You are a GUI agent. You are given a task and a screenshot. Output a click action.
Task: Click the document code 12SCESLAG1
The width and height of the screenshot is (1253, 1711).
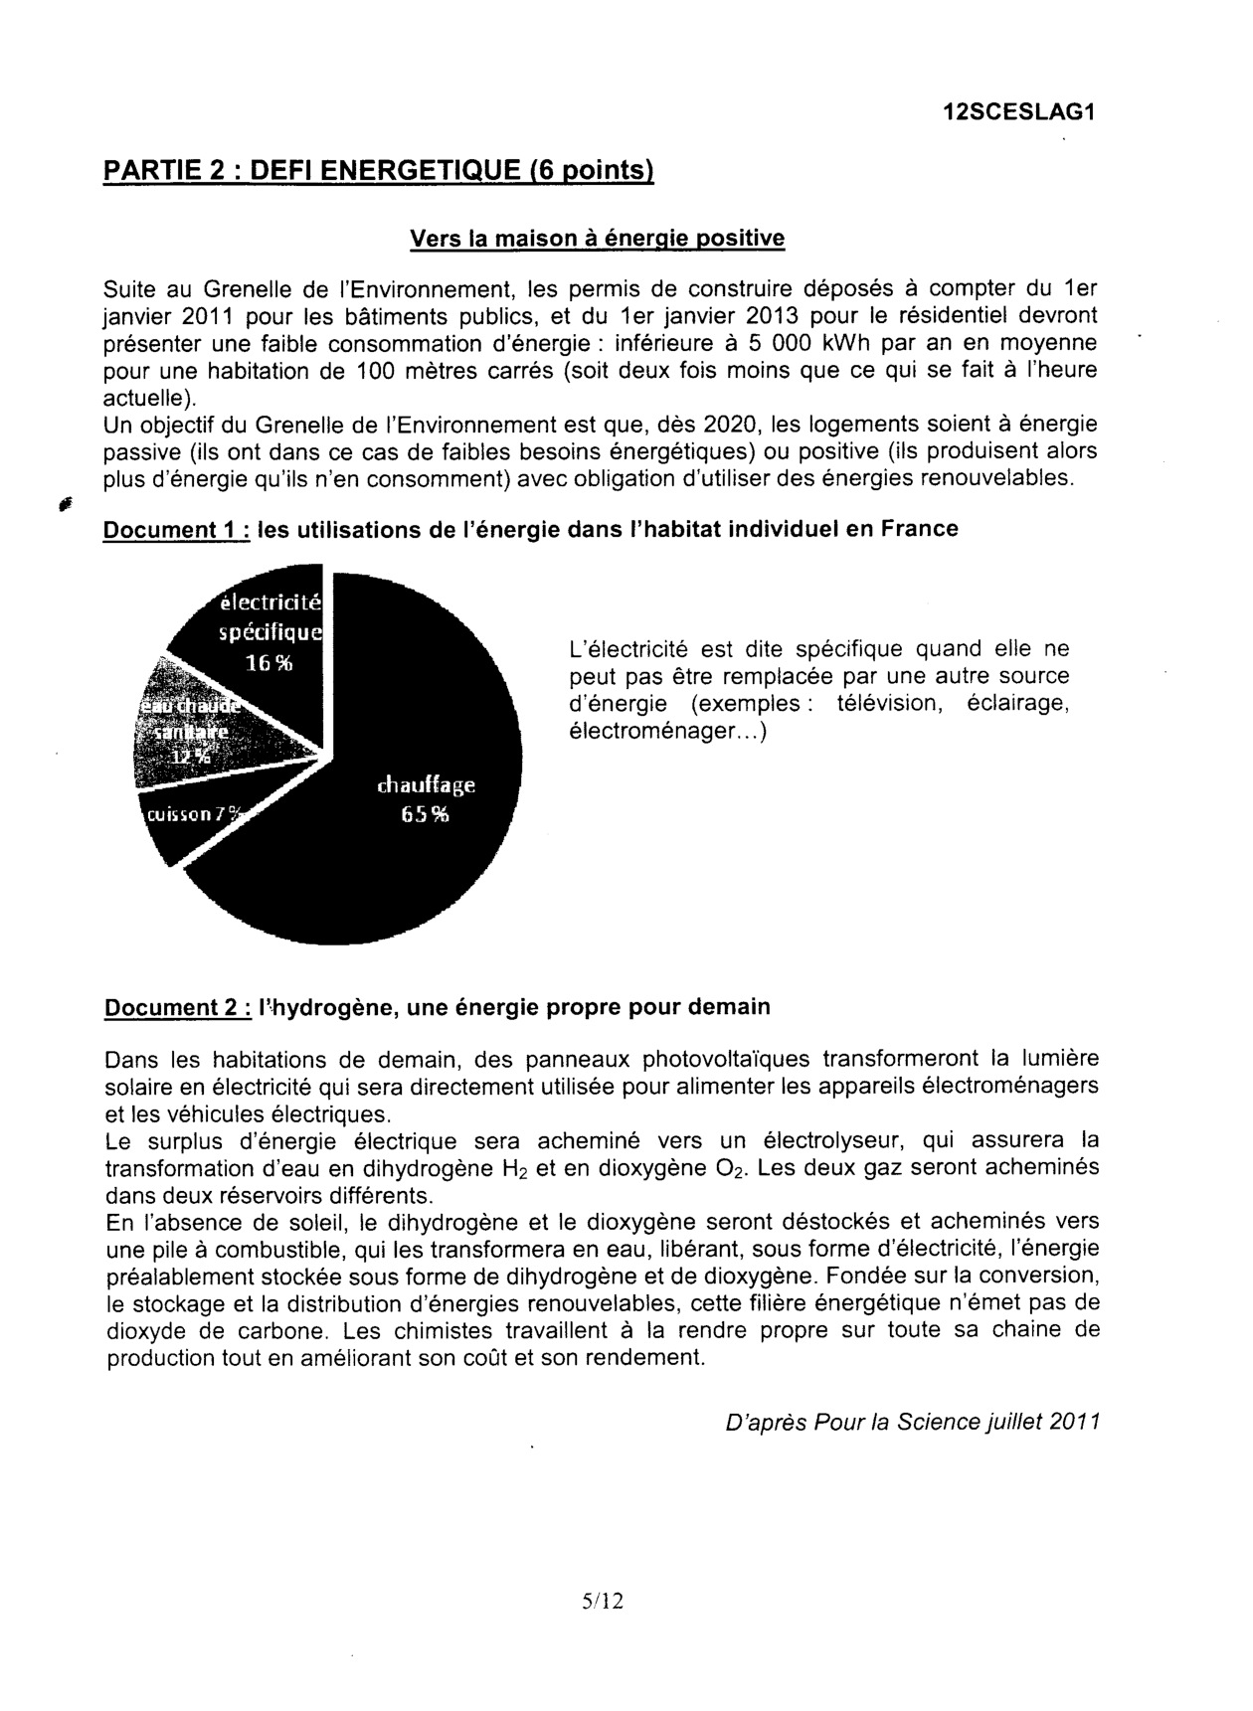(1018, 112)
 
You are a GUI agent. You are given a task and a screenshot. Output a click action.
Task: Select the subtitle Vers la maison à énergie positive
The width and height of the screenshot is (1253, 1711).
(597, 239)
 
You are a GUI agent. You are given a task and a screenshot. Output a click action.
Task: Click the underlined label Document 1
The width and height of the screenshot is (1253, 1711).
(176, 529)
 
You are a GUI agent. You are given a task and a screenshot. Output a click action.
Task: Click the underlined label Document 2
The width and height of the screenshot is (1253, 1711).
(177, 1007)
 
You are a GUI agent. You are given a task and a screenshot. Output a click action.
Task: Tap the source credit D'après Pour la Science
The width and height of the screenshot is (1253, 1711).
(913, 1422)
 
